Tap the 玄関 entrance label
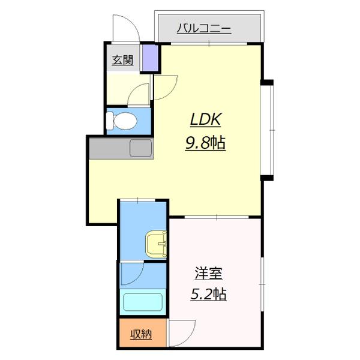click(x=122, y=60)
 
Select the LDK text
click(x=206, y=120)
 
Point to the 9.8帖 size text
click(x=206, y=143)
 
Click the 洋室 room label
click(x=208, y=274)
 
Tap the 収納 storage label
click(x=142, y=334)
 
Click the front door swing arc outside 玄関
click(x=125, y=28)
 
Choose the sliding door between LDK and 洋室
click(x=215, y=217)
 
